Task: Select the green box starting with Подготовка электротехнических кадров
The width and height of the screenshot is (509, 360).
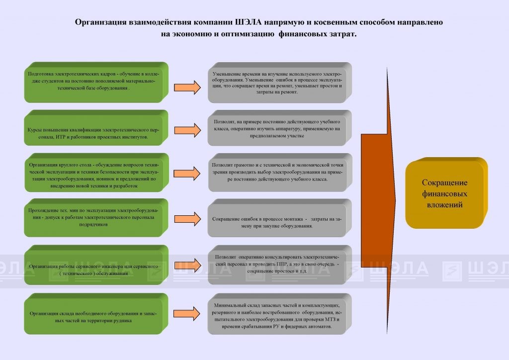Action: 96,83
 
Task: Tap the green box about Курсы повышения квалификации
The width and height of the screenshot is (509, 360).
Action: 96,128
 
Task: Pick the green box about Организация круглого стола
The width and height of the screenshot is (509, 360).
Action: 97,173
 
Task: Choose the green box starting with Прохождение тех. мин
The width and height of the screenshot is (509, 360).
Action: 96,217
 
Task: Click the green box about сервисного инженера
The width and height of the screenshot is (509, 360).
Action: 96,265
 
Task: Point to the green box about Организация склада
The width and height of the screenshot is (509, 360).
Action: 96,314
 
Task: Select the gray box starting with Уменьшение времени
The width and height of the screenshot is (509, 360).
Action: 280,83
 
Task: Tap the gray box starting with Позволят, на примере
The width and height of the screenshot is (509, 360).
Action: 280,128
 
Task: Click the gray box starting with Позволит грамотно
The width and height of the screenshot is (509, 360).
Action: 280,173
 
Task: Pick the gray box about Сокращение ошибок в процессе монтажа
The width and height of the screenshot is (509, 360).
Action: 280,218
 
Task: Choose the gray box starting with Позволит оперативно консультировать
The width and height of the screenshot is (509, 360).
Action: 280,265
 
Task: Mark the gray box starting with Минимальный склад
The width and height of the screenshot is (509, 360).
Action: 280,314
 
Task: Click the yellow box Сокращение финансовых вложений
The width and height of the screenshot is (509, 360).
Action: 446,193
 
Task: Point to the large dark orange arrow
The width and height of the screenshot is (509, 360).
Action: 378,200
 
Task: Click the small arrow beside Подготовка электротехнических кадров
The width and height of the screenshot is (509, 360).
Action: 187,88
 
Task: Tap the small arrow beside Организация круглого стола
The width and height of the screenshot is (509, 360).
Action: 187,174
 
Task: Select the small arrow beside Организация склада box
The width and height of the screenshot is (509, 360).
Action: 187,314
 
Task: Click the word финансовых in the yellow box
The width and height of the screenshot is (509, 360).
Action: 444,194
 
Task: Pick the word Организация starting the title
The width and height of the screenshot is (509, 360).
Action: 100,22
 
